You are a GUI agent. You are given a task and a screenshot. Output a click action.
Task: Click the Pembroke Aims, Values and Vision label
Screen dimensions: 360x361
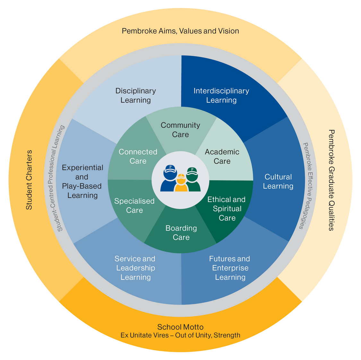click(x=180, y=31)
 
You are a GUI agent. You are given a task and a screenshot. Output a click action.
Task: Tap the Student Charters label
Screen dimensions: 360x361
click(x=29, y=180)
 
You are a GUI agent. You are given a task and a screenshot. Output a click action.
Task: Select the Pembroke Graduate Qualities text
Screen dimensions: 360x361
click(x=331, y=180)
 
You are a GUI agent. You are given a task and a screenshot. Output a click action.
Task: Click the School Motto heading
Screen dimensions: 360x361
click(x=180, y=327)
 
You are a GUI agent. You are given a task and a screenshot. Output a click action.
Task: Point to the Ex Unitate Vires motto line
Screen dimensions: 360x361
click(x=180, y=335)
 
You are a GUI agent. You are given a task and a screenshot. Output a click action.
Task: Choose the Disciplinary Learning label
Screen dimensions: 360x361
click(x=136, y=95)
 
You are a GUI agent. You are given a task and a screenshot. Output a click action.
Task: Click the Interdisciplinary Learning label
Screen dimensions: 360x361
click(x=221, y=95)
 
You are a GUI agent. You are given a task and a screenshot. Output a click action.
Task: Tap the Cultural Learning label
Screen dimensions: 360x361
click(x=278, y=181)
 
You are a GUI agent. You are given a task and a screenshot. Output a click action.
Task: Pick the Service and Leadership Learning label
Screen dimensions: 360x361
click(x=135, y=268)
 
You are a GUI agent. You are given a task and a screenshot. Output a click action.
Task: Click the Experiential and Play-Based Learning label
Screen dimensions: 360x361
click(x=82, y=181)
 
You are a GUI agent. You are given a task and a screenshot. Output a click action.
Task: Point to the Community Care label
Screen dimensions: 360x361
click(x=180, y=130)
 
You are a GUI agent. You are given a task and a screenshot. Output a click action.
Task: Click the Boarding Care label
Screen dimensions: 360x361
click(x=181, y=233)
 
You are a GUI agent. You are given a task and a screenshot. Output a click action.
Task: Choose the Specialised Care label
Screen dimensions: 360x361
click(x=134, y=206)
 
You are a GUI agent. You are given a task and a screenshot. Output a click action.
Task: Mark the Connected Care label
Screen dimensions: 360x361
click(x=138, y=156)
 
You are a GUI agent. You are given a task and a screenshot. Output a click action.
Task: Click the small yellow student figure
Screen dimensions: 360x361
click(x=181, y=184)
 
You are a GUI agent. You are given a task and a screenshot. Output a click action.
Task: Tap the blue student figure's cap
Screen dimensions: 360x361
click(x=170, y=168)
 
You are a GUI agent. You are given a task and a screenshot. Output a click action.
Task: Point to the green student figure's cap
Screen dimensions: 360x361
click(x=192, y=170)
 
